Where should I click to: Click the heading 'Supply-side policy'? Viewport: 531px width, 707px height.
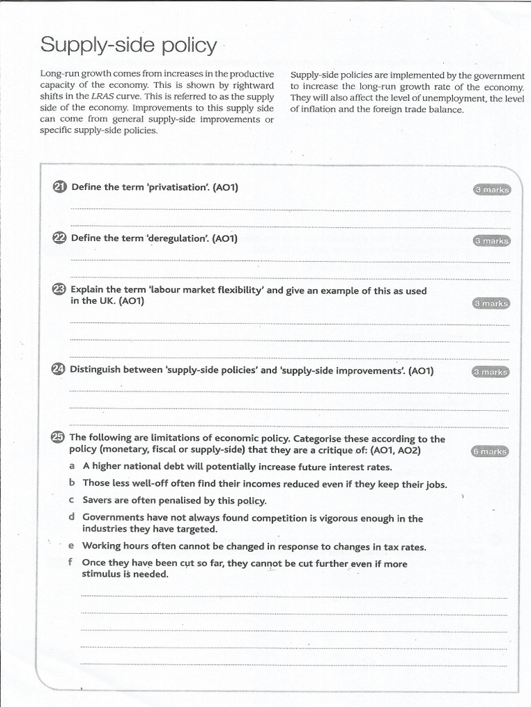pyautogui.click(x=128, y=46)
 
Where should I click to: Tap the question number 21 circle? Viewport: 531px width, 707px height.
pyautogui.click(x=59, y=187)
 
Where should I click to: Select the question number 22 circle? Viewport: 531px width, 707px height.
pyautogui.click(x=59, y=238)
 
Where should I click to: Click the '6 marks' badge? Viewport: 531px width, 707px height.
pyautogui.click(x=490, y=452)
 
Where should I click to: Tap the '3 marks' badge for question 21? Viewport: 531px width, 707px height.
pyautogui.click(x=492, y=190)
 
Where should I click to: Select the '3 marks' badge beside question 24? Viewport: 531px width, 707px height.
pyautogui.click(x=491, y=372)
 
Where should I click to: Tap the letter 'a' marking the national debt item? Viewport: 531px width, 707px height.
pyautogui.click(x=72, y=466)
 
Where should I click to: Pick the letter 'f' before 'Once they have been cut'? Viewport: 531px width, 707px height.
pyautogui.click(x=71, y=563)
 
